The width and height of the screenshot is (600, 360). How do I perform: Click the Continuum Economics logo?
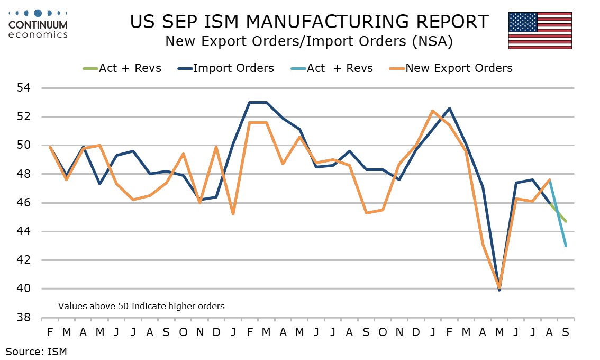[x=38, y=24]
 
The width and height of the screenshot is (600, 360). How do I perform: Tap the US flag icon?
[x=540, y=30]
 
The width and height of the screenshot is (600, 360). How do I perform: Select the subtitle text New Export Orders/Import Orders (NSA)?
[x=308, y=41]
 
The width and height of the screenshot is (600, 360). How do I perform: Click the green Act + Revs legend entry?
[x=122, y=68]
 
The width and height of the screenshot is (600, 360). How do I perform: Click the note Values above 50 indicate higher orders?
[x=141, y=306]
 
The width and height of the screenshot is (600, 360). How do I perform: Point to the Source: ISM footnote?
[x=37, y=350]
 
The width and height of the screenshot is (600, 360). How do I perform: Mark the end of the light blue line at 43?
[x=566, y=246]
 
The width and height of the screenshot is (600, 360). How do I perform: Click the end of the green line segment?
[x=566, y=221]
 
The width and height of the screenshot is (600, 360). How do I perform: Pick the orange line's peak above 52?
[x=433, y=111]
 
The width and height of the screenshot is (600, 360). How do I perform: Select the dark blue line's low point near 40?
[x=499, y=290]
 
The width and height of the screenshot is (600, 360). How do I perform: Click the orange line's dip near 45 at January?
[x=233, y=214]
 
